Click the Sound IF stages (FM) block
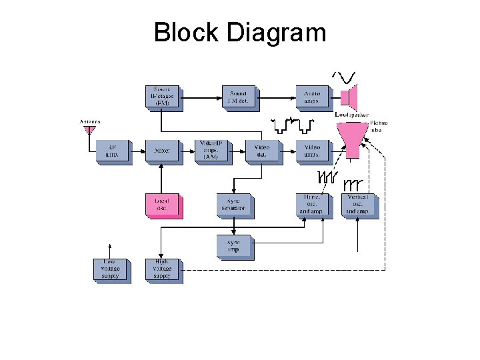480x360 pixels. pos(163,96)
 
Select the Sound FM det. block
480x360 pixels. pos(238,96)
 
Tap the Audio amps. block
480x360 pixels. pos(312,96)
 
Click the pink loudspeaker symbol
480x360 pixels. pos(350,97)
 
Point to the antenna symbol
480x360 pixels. pos(89,131)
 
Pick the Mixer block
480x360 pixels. pos(162,151)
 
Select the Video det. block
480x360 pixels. pos(261,151)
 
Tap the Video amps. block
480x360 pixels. pos(312,151)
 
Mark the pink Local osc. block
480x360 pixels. pos(162,205)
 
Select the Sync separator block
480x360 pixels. pos(234,205)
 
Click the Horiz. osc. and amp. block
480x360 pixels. pos(311,205)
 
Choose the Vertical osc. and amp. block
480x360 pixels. pos(359,205)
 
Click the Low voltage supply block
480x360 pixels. pos(110,269)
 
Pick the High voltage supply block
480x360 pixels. pos(162,269)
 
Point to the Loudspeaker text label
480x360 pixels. pos(351,115)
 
